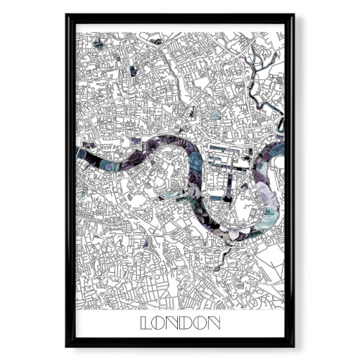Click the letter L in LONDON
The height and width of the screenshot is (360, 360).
pos(146,324)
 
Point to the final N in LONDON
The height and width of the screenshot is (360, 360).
pos(214,324)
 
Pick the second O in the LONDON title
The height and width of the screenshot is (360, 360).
pos(200,324)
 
